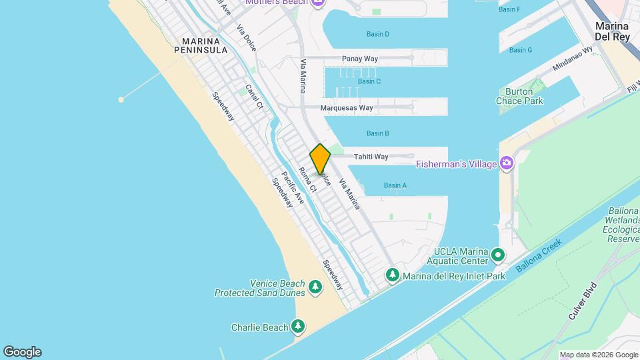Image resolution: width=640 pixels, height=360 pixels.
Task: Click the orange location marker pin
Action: (320, 159)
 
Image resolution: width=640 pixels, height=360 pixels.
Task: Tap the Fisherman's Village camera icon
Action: (507, 163)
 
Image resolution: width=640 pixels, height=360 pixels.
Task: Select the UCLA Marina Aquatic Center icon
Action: (498, 255)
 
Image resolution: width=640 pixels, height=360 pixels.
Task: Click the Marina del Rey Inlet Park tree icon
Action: (393, 275)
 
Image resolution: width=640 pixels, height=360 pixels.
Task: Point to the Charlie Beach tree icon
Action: (299, 327)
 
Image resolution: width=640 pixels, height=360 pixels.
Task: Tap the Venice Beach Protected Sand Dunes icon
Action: (315, 287)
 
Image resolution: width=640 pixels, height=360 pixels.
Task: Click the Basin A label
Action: (395, 185)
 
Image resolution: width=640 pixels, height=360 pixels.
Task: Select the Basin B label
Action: (377, 133)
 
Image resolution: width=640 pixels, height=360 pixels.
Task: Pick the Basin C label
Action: (369, 81)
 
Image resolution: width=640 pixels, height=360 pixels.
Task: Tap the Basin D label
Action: (377, 34)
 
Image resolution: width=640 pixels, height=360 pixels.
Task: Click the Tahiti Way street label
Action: (371, 157)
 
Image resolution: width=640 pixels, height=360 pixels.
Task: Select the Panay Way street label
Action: (360, 59)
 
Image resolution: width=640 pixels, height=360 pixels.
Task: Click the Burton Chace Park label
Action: (519, 96)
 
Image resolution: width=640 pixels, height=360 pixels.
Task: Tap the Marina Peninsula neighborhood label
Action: (201, 45)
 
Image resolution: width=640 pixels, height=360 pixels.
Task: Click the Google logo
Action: (21, 352)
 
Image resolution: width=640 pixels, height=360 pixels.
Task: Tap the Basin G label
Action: (520, 50)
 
